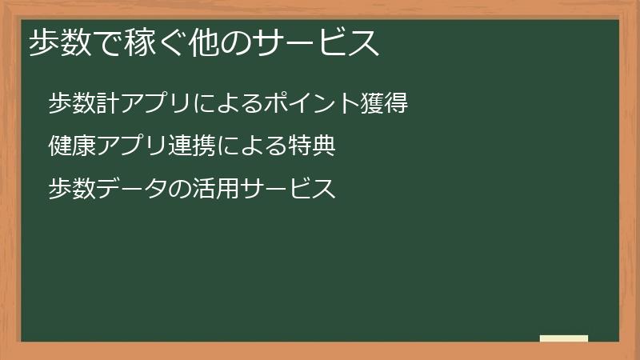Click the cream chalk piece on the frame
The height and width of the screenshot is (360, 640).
[564, 338]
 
